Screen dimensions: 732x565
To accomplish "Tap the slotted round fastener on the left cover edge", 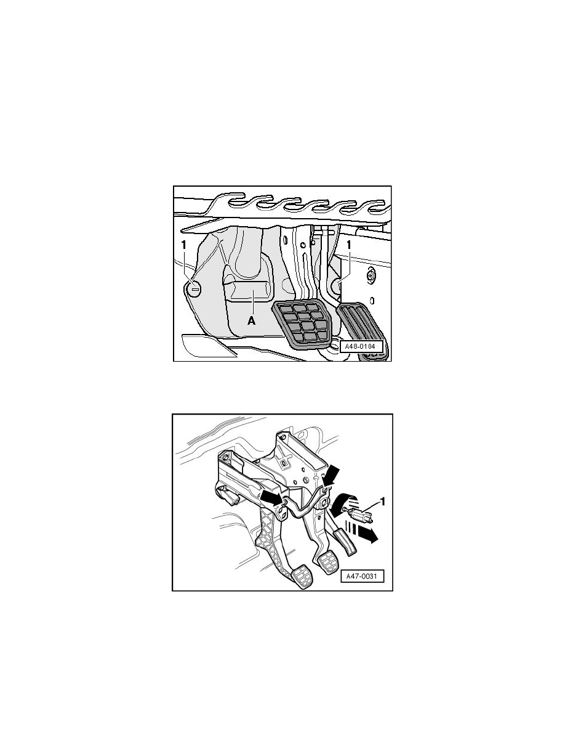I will tap(194, 287).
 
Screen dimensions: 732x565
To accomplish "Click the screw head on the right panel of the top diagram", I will tap(371, 276).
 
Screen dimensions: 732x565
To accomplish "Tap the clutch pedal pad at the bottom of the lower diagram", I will tap(301, 579).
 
